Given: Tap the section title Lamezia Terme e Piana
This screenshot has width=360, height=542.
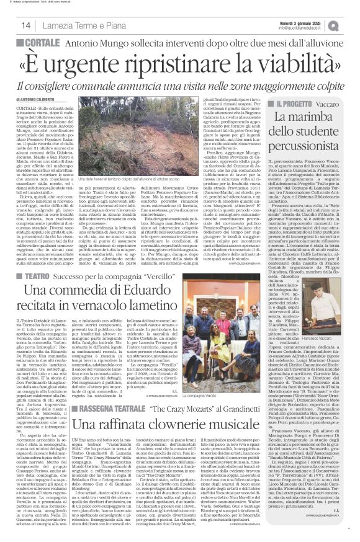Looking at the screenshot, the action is pyautogui.click(x=70, y=25).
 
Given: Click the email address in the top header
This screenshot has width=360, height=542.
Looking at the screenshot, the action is pyautogui.click(x=300, y=29).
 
